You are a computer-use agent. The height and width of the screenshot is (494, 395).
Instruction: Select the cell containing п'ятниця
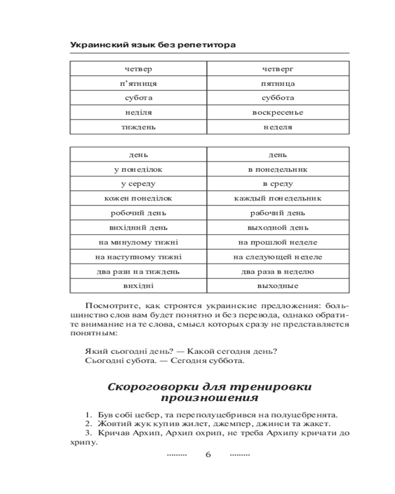(138, 83)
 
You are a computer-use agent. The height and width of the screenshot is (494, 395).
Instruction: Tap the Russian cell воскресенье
(278, 113)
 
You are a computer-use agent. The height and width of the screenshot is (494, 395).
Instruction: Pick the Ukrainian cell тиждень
(138, 127)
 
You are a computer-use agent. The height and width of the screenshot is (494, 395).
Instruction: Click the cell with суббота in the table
(278, 98)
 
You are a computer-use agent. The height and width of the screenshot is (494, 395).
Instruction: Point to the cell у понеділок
(138, 169)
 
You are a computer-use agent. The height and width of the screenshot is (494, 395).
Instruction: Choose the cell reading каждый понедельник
(278, 199)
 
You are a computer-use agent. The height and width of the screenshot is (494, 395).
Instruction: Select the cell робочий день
(138, 213)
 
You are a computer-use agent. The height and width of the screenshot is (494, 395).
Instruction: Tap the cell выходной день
(278, 228)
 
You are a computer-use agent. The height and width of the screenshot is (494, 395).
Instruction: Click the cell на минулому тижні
(138, 243)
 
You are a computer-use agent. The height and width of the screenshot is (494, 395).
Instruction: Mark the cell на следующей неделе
(278, 257)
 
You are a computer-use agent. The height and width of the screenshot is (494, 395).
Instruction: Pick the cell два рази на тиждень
(138, 272)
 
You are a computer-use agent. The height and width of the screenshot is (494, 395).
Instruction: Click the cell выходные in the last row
(278, 286)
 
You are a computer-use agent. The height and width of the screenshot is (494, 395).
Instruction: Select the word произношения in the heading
(209, 398)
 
